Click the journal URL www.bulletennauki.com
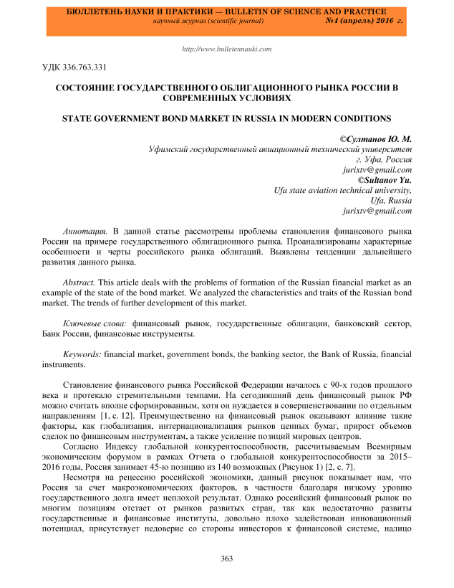[227, 49]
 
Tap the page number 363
[227, 559]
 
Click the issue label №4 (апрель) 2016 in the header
[363, 22]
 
